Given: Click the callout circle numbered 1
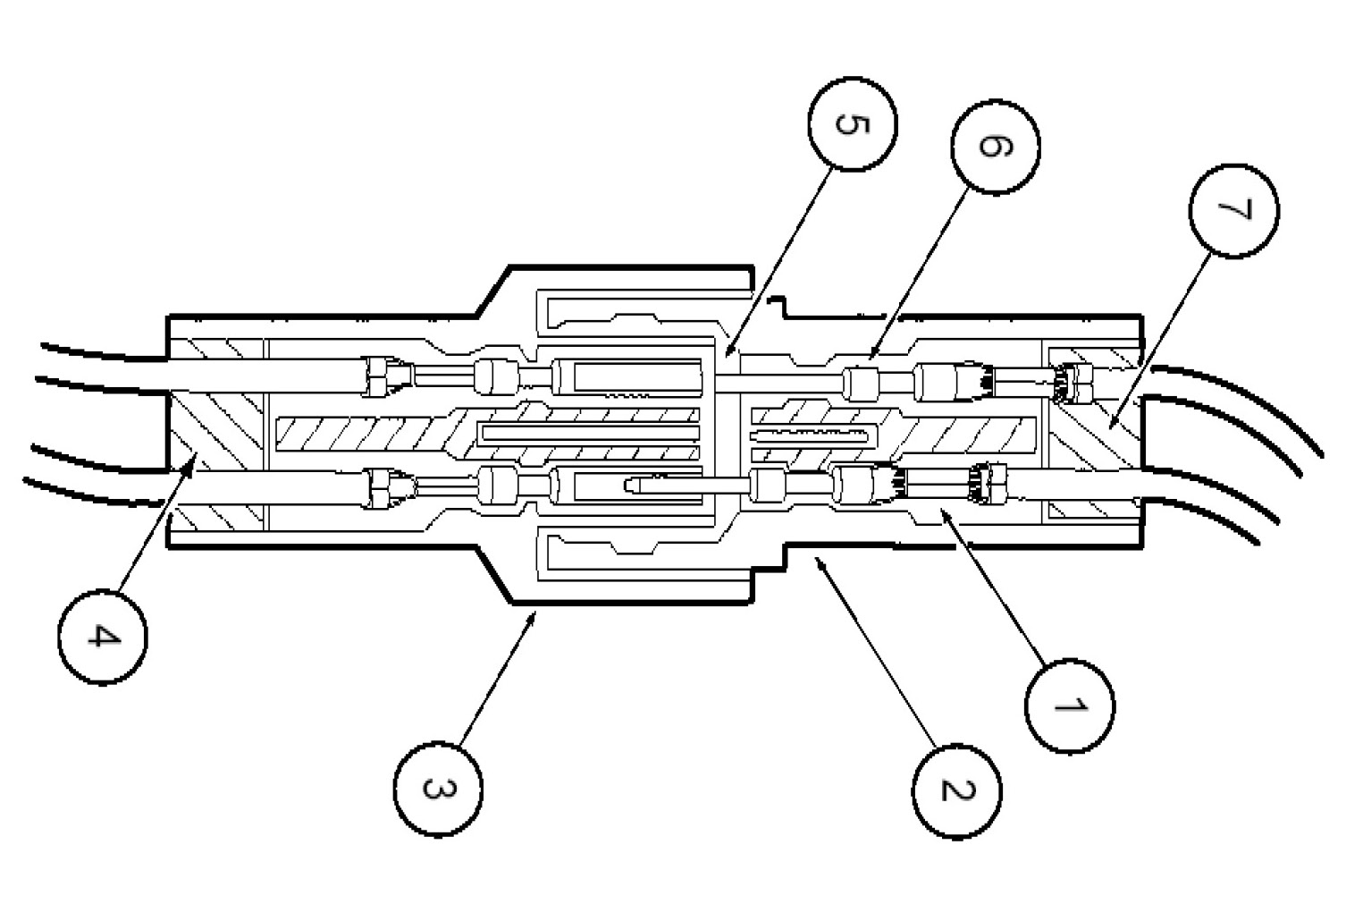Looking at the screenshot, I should click(1070, 705).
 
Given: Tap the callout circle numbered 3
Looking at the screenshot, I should click(438, 789).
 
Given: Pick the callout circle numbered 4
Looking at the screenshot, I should click(103, 638).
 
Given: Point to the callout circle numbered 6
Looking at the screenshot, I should click(995, 148).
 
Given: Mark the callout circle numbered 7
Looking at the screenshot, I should click(1233, 211).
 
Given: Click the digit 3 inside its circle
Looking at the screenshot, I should click(436, 790).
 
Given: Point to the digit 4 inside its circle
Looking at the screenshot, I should click(103, 638).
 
